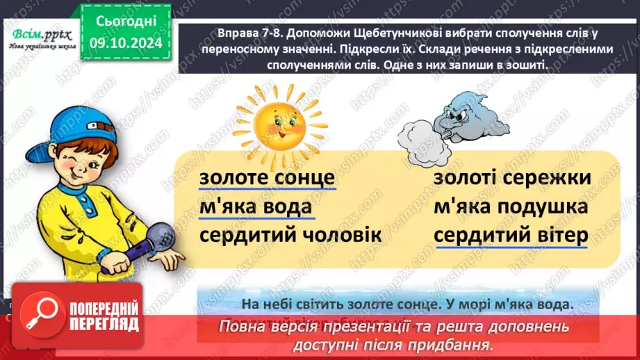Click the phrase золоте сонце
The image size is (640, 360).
(x=268, y=179)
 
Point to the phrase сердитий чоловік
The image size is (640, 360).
(x=290, y=236)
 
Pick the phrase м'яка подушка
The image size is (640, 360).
(x=510, y=207)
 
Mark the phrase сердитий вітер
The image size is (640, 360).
(x=511, y=236)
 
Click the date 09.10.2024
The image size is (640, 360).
(x=125, y=42)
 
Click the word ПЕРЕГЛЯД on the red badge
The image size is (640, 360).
(x=103, y=324)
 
